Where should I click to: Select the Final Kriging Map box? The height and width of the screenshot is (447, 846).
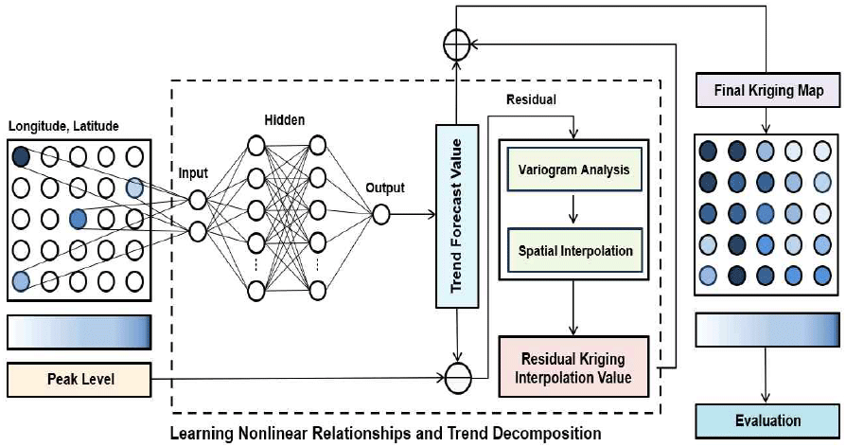pos(766,92)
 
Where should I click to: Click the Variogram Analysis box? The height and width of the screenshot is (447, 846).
pos(573,171)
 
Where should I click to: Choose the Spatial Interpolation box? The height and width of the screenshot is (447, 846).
pos(573,250)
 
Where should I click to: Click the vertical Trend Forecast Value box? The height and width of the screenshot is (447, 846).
pos(458,216)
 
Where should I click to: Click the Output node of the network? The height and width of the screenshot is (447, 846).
pos(381,214)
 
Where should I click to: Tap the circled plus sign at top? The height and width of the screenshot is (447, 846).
pos(458,44)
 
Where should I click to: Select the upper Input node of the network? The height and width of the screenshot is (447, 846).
pos(197,200)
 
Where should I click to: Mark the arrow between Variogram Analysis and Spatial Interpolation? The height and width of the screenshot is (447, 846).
pos(573,210)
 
